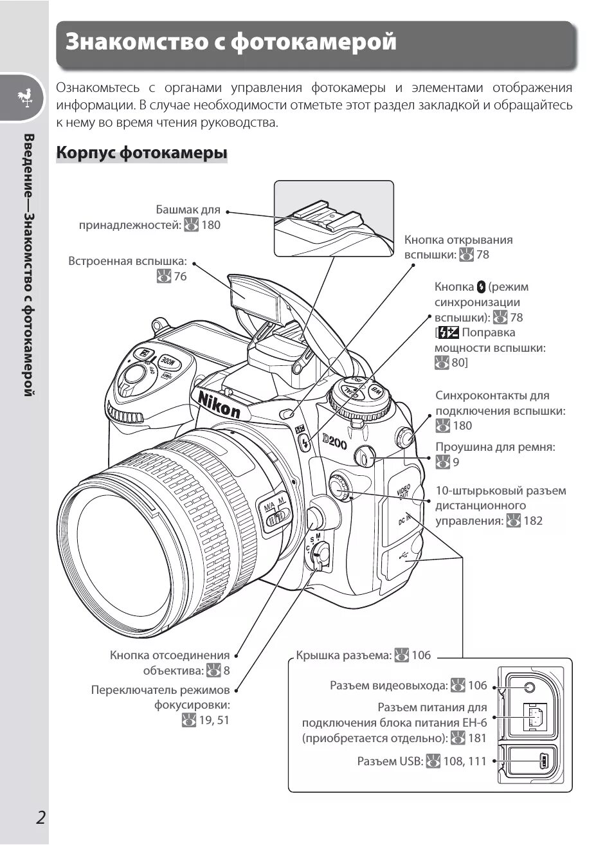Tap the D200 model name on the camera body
[x=334, y=441]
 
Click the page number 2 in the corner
[x=41, y=818]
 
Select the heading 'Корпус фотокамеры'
[x=141, y=153]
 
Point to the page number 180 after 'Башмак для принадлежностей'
[x=210, y=224]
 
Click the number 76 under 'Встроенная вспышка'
[x=180, y=277]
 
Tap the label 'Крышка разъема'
[x=343, y=655]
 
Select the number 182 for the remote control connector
[x=533, y=521]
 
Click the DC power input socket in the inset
[x=534, y=716]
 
